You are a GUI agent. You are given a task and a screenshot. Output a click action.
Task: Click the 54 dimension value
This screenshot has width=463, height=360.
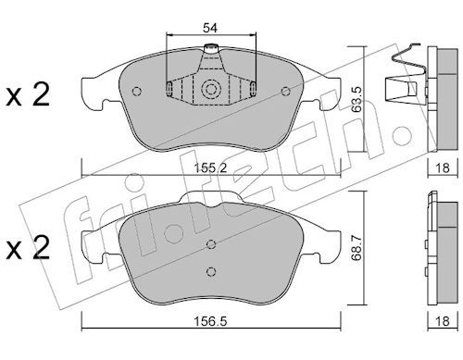210,28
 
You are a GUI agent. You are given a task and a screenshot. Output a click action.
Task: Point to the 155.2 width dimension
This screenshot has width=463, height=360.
210,168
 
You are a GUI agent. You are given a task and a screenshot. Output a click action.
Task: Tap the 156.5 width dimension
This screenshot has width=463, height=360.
210,321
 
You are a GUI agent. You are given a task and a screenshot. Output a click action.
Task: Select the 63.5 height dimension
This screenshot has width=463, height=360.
357,99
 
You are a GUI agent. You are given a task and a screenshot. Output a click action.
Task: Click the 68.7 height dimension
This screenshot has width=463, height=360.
357,248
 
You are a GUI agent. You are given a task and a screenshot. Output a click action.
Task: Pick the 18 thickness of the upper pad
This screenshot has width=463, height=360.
443,168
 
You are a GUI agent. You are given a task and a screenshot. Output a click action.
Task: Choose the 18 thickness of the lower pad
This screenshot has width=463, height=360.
443,321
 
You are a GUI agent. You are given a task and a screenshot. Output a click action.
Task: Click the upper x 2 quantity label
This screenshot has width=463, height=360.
28,95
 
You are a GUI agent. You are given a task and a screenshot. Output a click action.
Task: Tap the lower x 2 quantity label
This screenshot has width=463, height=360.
28,247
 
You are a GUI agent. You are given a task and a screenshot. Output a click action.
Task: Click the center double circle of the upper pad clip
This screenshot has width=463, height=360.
211,90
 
